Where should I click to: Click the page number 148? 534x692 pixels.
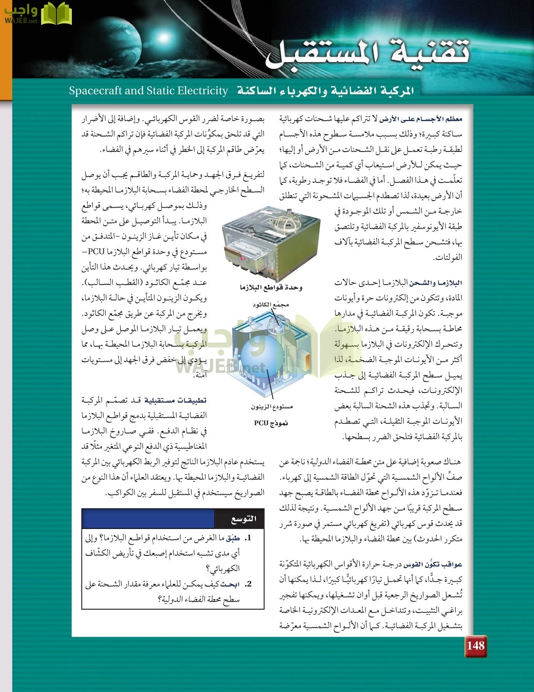476,646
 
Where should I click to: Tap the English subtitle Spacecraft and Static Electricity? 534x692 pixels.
149,91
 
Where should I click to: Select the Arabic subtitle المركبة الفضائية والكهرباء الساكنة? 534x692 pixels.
325,91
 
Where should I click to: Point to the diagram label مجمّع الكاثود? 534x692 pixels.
270,305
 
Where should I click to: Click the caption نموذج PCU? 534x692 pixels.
271,423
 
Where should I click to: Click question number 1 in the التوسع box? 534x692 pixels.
249,538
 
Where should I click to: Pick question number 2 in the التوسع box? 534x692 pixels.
249,584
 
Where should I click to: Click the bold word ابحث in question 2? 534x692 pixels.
231,584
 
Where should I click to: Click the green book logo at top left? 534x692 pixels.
56,14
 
